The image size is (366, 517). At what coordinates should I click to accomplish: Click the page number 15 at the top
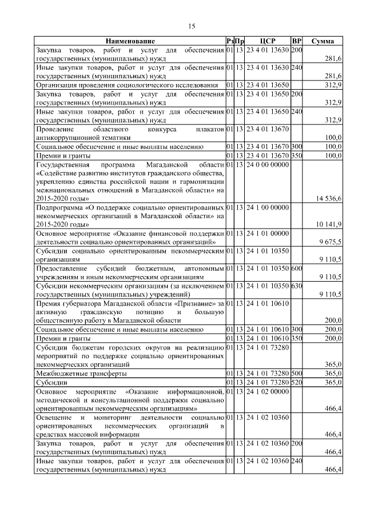[x=192, y=26]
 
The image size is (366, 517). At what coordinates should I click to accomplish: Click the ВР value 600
[x=296, y=268]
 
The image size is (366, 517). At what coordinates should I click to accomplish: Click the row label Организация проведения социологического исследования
[x=127, y=85]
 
